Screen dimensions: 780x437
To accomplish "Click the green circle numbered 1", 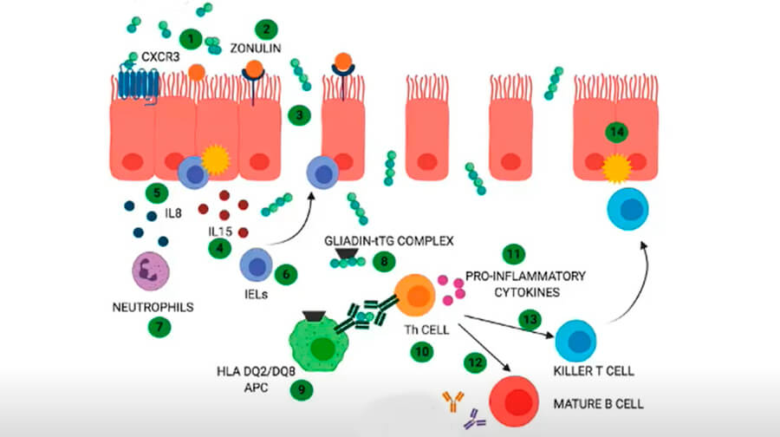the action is pyautogui.click(x=191, y=39).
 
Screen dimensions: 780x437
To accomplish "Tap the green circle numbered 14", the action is pyautogui.click(x=617, y=132).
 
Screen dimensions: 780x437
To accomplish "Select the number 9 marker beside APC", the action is pyautogui.click(x=302, y=389).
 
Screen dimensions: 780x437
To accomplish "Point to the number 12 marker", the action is pyautogui.click(x=475, y=362).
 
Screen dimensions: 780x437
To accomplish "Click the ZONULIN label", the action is pyautogui.click(x=255, y=49).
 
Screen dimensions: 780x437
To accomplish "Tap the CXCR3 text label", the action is pyautogui.click(x=160, y=56).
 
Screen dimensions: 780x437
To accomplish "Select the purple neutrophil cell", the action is pyautogui.click(x=151, y=271).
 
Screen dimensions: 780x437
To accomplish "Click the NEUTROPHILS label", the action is pyautogui.click(x=153, y=307).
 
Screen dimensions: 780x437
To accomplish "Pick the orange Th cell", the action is pyautogui.click(x=415, y=295).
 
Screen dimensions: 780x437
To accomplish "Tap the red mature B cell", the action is pyautogui.click(x=514, y=401).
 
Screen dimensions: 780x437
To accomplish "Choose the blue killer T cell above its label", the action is pyautogui.click(x=575, y=342).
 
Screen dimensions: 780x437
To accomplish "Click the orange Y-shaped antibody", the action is pyautogui.click(x=453, y=401).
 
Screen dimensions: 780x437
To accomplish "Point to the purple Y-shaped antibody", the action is pyautogui.click(x=475, y=419).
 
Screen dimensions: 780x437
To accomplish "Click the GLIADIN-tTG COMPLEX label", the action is pyautogui.click(x=389, y=241).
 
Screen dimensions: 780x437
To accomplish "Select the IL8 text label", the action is pyautogui.click(x=173, y=213).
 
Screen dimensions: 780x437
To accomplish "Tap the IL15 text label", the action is pyautogui.click(x=220, y=232).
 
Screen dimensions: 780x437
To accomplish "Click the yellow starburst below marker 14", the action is pyautogui.click(x=617, y=168).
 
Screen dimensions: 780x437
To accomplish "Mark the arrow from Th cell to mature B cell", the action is pyautogui.click(x=484, y=348).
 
